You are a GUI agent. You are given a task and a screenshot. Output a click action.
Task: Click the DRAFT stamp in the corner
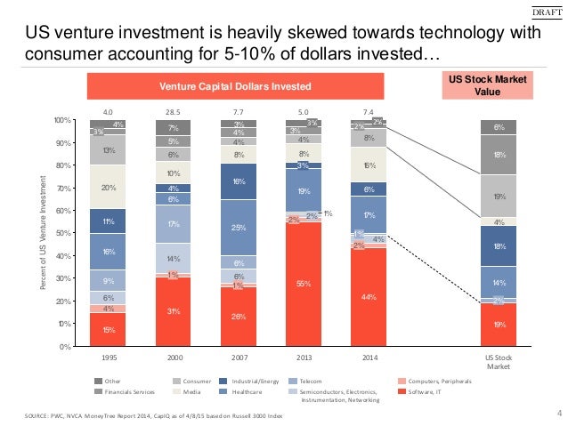[x=547, y=11]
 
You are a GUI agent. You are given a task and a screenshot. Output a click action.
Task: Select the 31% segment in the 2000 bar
[x=174, y=311]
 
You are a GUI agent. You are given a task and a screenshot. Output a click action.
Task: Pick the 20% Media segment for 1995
[x=109, y=187]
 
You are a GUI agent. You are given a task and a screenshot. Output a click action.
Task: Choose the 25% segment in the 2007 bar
[x=239, y=228]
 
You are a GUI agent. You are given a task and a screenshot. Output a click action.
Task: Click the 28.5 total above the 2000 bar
[x=174, y=112]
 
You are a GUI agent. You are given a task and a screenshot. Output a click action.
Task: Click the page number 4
[x=558, y=411]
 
